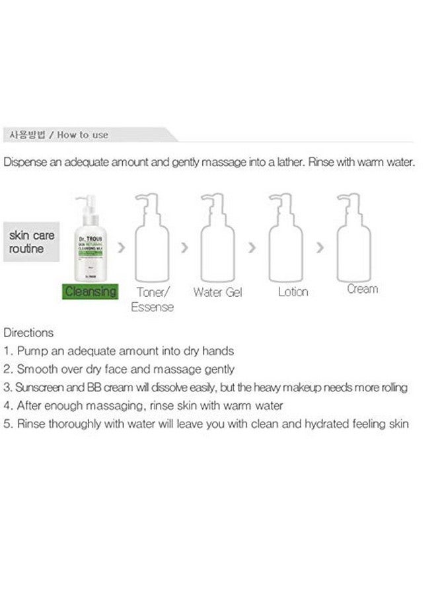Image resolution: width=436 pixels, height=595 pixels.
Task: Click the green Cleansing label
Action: click(x=91, y=291)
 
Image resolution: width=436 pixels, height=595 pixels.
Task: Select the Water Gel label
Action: click(x=217, y=291)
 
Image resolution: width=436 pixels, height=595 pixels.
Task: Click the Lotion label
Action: click(x=293, y=291)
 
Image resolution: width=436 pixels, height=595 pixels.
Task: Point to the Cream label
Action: click(x=362, y=289)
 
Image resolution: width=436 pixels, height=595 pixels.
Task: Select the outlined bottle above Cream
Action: click(x=354, y=238)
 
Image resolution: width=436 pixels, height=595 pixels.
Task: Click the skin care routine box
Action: click(x=32, y=242)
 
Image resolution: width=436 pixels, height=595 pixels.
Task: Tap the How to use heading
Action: click(x=82, y=135)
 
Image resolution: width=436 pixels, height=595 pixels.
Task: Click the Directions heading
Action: click(x=28, y=333)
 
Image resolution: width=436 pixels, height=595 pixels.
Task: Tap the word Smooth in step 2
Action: click(x=36, y=370)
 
